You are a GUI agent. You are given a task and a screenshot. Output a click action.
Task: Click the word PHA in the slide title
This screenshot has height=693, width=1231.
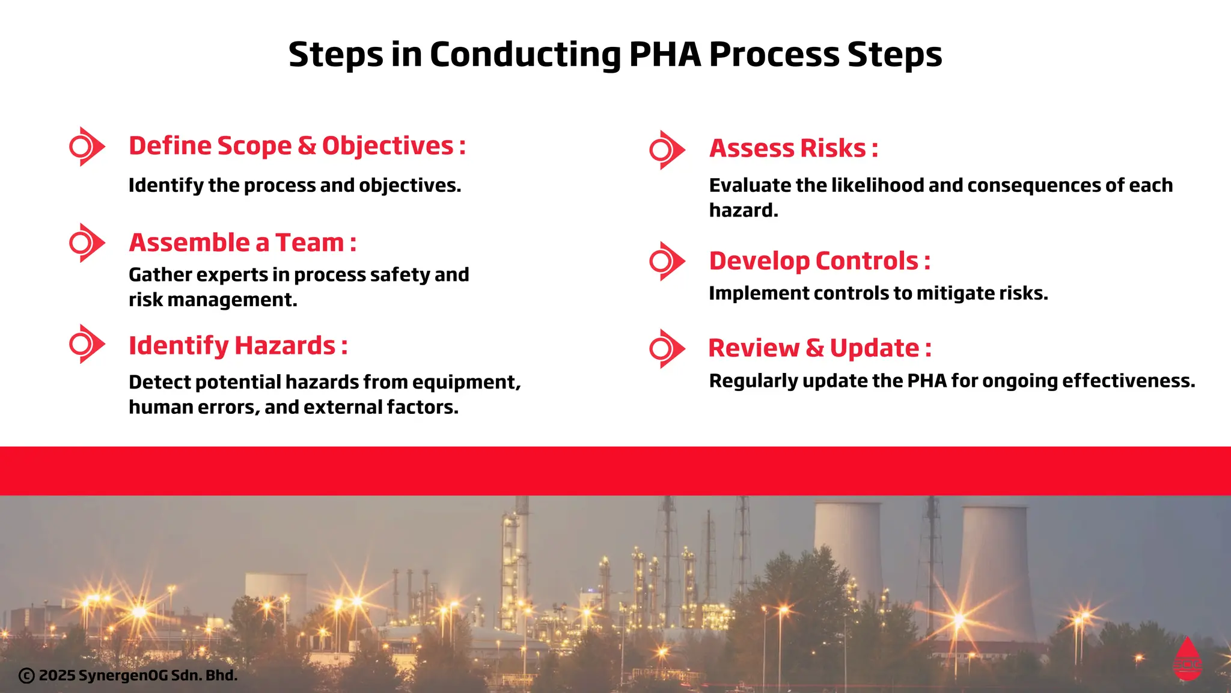coord(665,54)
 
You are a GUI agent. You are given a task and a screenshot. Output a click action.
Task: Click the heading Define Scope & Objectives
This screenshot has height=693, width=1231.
coord(297,146)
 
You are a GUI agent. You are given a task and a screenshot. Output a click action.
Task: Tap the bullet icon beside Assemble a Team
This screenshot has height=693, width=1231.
coord(85,243)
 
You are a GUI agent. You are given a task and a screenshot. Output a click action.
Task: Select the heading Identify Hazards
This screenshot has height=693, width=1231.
coord(238,346)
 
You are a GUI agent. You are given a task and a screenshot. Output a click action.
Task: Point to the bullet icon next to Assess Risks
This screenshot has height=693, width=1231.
coord(665,150)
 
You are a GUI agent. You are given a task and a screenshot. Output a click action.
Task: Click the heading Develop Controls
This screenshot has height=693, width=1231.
coord(819,261)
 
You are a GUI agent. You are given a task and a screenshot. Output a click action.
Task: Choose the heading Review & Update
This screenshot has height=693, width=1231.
coord(819,348)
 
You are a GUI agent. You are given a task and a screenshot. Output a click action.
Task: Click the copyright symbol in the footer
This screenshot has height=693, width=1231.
coord(26,676)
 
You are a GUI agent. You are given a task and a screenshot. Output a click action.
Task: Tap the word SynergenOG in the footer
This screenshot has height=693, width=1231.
coord(123,676)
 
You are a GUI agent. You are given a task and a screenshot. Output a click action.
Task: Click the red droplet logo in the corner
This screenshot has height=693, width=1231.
coord(1187,660)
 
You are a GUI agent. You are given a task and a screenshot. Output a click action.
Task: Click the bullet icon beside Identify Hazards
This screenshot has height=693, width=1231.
coord(85,344)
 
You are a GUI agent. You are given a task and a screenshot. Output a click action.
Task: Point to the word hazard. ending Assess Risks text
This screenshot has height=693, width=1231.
coord(744,211)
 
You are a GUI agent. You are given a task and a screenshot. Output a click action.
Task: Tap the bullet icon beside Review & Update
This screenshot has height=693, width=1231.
coord(665,349)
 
